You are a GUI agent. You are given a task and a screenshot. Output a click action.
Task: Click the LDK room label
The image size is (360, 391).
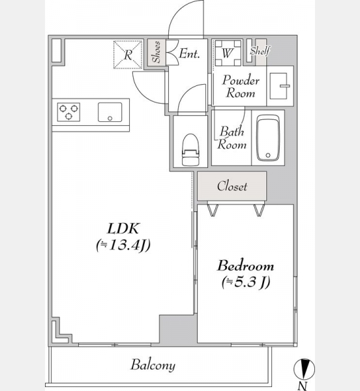pyautogui.click(x=123, y=229)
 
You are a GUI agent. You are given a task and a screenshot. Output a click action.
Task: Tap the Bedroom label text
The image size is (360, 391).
pyautogui.click(x=245, y=266)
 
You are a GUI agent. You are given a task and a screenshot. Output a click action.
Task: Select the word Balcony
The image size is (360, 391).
pyautogui.click(x=153, y=366)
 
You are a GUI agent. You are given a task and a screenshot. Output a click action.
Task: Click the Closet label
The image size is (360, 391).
pyautogui.click(x=232, y=186)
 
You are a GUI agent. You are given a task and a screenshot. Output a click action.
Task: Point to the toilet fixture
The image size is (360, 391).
pyautogui.click(x=191, y=150)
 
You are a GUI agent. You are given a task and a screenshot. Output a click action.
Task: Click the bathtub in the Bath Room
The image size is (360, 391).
pyautogui.click(x=268, y=138)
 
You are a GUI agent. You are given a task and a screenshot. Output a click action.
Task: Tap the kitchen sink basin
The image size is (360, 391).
pyautogui.click(x=110, y=112)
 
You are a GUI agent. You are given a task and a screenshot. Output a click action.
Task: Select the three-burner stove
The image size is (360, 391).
pyautogui.click(x=68, y=112)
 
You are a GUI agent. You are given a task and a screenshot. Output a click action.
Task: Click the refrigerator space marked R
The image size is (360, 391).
pyautogui.click(x=128, y=55)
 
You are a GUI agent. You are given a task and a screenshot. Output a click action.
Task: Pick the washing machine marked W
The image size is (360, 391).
pyautogui.click(x=228, y=53)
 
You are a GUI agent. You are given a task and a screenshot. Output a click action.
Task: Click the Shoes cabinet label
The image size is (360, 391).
pyautogui.click(x=157, y=52)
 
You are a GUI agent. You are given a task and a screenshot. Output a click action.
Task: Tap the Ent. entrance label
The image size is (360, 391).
pyautogui.click(x=189, y=53)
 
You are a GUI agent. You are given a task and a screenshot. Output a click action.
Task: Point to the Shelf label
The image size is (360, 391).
pyautogui.click(x=260, y=51)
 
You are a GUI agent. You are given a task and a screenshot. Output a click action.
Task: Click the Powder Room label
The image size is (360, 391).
pyautogui.click(x=241, y=87)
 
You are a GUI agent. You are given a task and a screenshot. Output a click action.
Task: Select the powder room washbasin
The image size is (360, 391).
pyautogui.click(x=279, y=86)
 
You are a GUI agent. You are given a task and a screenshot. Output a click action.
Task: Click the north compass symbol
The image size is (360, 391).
pyautogui.click(x=304, y=369)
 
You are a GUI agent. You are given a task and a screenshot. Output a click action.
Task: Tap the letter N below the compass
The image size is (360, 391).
pyautogui.click(x=303, y=386)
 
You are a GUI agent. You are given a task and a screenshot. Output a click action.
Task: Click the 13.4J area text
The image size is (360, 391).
pyautogui.click(x=123, y=246)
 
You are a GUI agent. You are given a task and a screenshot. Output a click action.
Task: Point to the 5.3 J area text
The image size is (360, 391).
pyautogui.click(x=246, y=282)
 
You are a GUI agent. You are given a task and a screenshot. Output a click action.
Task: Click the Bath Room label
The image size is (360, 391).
pyautogui.click(x=232, y=138)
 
